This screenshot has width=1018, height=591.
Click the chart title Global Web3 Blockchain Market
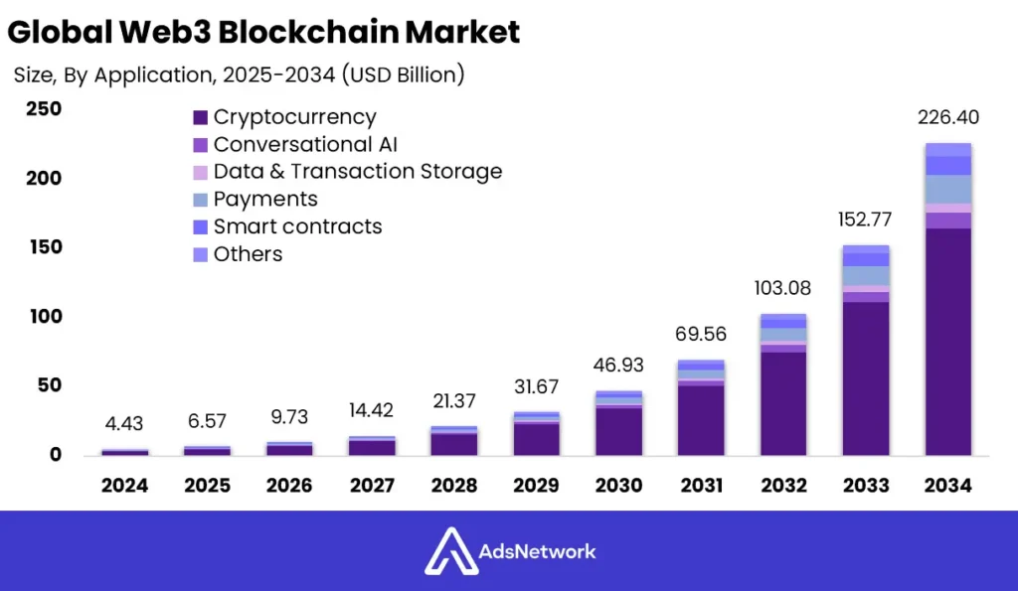(x=263, y=32)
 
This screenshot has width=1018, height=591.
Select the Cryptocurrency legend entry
(x=294, y=117)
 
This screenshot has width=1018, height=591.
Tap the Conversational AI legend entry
(x=305, y=145)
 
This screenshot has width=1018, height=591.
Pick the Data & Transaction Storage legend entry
(x=357, y=172)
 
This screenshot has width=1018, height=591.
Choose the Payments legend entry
(x=264, y=200)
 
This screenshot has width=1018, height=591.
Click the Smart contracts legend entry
(x=297, y=226)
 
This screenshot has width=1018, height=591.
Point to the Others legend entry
(x=248, y=254)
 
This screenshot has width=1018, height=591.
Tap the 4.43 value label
(x=124, y=424)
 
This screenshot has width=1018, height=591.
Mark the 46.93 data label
(x=618, y=366)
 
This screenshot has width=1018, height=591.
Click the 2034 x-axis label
(x=946, y=486)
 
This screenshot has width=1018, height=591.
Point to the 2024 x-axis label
(x=124, y=486)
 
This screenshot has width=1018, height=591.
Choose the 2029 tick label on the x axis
(x=536, y=486)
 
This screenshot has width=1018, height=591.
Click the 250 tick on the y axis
(x=43, y=109)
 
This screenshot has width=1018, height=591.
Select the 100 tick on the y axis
(x=43, y=317)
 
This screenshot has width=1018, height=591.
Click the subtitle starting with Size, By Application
(x=239, y=74)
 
